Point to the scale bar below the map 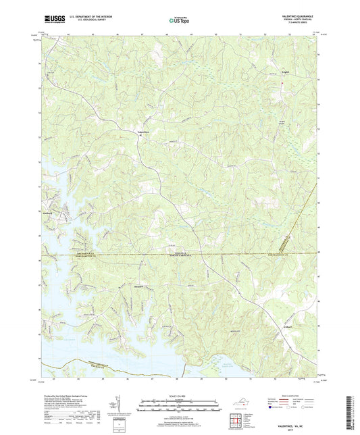coord(180,408)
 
